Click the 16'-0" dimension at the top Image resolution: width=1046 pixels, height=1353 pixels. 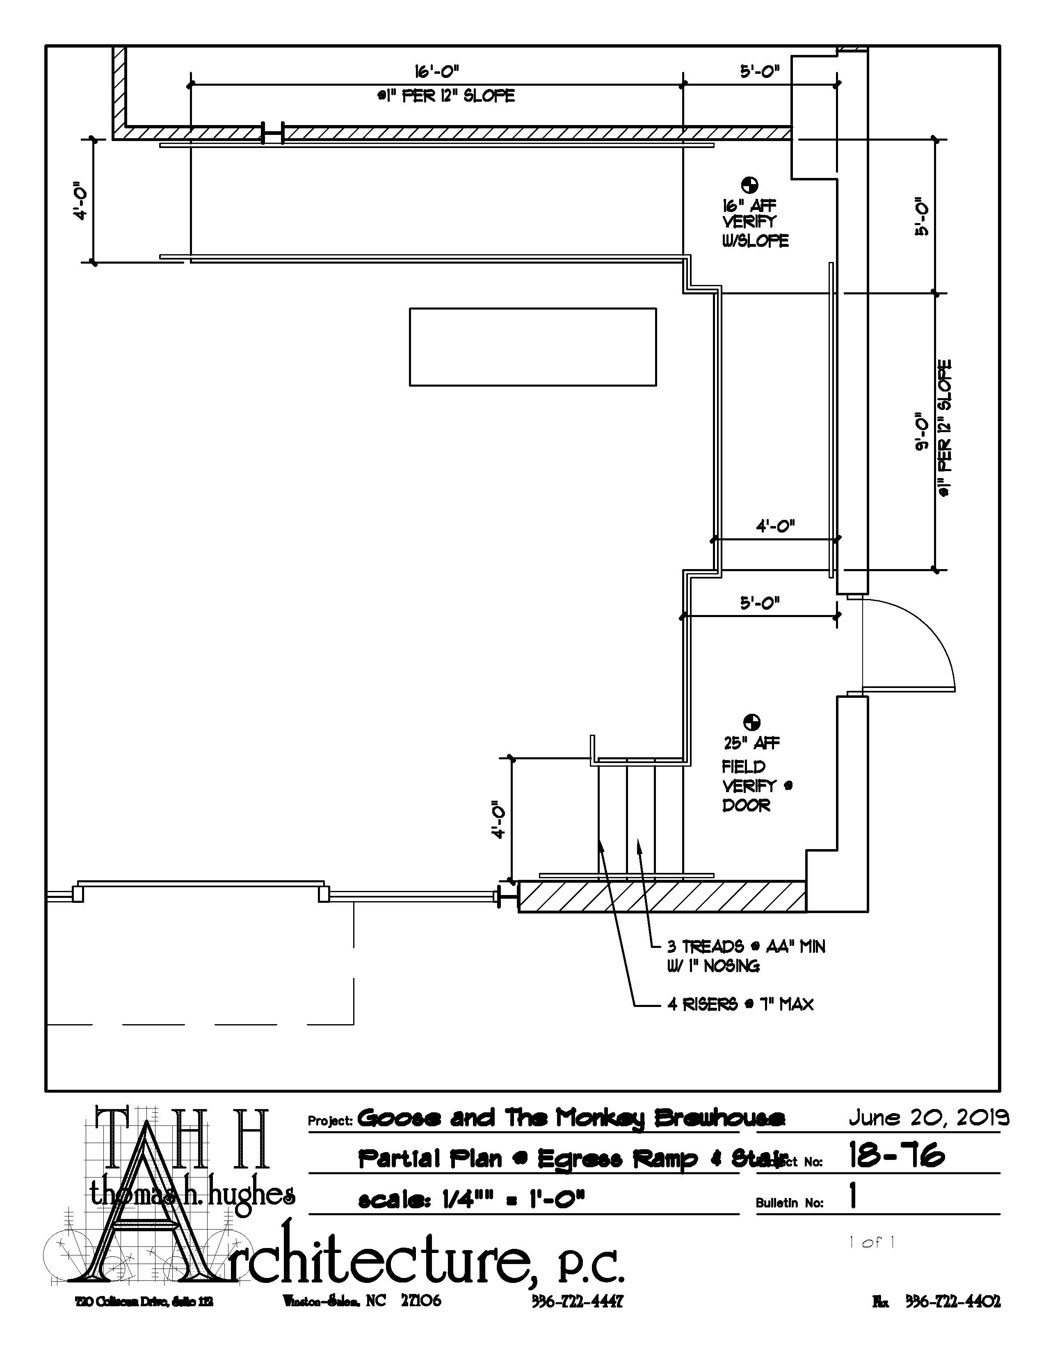(436, 71)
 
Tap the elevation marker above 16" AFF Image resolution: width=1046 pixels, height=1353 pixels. (749, 184)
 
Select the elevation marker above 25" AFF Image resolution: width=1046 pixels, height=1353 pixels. (751, 722)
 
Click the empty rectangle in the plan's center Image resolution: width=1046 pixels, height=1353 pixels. (532, 346)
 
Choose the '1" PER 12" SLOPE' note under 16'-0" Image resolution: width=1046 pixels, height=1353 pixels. (446, 96)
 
